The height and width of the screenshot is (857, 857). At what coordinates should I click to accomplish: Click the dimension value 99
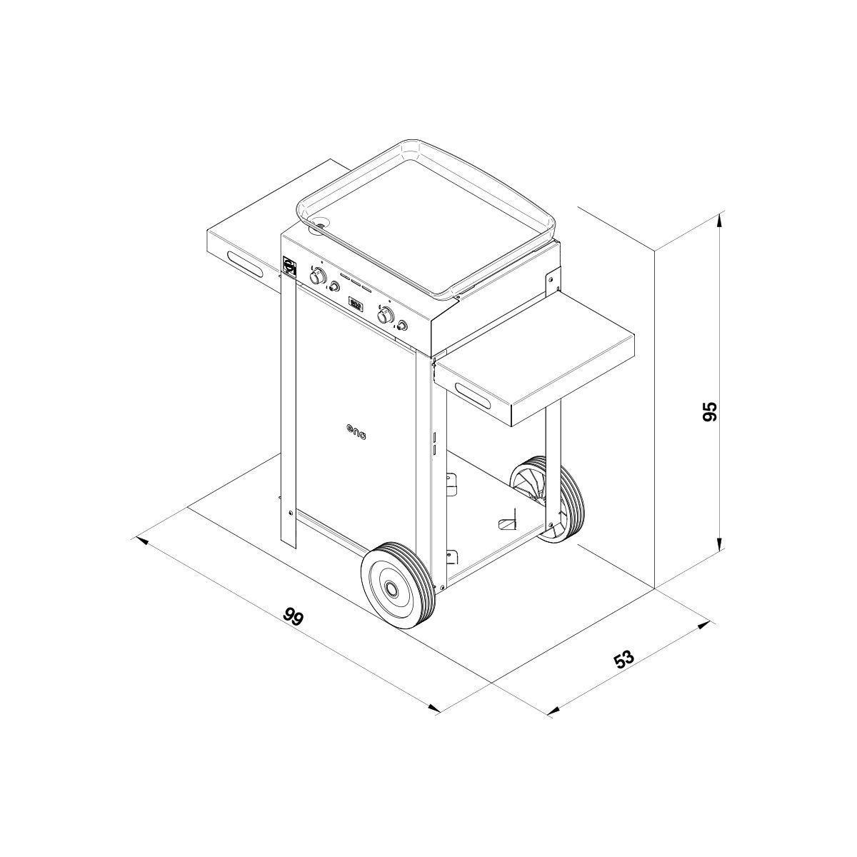point(293,616)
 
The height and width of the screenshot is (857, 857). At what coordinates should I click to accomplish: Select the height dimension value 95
point(709,412)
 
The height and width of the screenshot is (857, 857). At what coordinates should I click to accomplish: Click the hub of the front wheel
point(392,588)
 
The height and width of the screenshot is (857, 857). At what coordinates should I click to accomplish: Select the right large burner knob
point(386,315)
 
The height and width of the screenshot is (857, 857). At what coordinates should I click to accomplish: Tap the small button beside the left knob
point(334,287)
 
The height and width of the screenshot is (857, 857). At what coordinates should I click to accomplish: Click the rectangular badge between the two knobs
point(356,304)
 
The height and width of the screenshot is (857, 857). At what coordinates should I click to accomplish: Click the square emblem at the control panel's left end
point(289,265)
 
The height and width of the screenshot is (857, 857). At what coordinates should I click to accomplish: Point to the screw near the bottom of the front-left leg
point(289,511)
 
